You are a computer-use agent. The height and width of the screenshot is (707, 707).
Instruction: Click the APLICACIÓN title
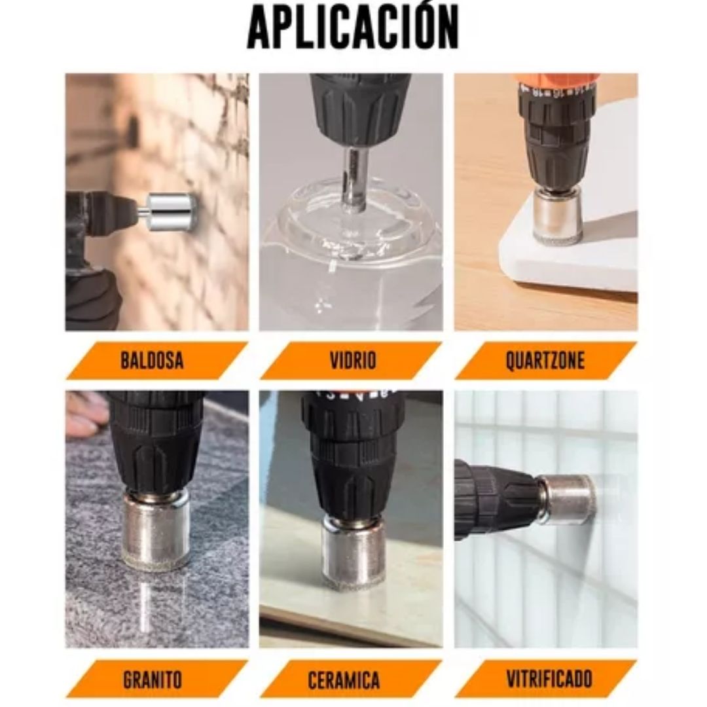click(x=353, y=27)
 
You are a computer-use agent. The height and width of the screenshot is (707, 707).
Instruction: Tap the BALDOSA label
click(x=152, y=361)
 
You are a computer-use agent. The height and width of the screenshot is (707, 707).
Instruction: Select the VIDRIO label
click(x=352, y=361)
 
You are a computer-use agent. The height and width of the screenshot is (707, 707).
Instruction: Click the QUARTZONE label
click(x=545, y=361)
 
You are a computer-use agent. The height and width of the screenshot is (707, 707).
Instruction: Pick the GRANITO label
click(x=152, y=679)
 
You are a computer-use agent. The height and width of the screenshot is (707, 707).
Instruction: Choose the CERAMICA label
click(x=344, y=679)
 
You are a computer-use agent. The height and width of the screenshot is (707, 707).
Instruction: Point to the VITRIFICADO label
click(x=549, y=679)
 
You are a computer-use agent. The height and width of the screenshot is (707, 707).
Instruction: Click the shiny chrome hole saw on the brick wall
click(x=170, y=211)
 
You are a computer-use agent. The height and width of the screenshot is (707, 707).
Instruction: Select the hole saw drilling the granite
click(x=156, y=529)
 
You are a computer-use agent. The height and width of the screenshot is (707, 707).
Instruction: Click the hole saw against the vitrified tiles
click(x=567, y=499)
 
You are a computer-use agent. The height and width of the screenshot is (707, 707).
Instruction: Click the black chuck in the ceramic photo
click(x=353, y=458)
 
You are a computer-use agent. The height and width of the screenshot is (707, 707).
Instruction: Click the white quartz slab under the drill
click(x=576, y=255)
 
